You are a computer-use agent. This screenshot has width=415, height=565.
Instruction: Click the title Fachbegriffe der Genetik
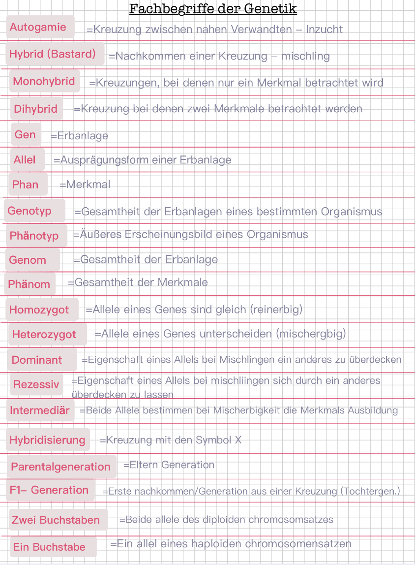[213, 9]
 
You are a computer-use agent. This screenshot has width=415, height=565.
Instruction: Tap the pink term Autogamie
[38, 27]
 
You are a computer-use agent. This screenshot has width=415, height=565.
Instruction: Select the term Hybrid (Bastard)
[53, 54]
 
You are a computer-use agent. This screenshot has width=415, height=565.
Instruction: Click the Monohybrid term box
[44, 81]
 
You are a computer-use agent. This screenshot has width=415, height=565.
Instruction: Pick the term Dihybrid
[36, 109]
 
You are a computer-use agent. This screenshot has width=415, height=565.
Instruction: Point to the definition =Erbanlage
[79, 136]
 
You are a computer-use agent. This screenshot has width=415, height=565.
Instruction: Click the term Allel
[25, 159]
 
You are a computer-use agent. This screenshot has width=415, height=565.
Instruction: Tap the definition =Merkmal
[85, 185]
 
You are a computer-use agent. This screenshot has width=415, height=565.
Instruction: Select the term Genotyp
[30, 211]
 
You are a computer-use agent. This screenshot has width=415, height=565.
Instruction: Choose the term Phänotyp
[34, 236]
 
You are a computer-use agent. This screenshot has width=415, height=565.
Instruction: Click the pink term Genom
[28, 260]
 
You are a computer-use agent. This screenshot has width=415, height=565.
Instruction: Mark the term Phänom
[29, 284]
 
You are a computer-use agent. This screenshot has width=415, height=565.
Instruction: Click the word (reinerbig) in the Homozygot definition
[276, 310]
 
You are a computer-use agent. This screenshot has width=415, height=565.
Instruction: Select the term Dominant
[37, 360]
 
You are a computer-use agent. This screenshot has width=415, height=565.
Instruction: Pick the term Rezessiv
[36, 384]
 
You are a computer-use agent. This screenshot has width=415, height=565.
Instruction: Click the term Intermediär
[40, 410]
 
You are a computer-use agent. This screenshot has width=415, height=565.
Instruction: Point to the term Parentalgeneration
[61, 467]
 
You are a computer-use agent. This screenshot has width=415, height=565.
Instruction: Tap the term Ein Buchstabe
[49, 547]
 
